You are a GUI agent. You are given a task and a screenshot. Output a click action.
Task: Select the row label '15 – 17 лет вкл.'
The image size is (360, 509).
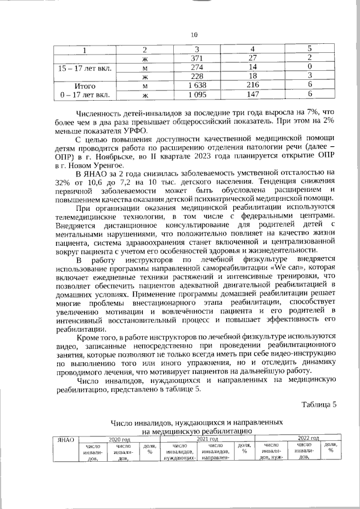coord(85,67)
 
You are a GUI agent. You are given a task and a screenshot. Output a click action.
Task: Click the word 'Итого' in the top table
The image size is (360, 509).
coord(85,85)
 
